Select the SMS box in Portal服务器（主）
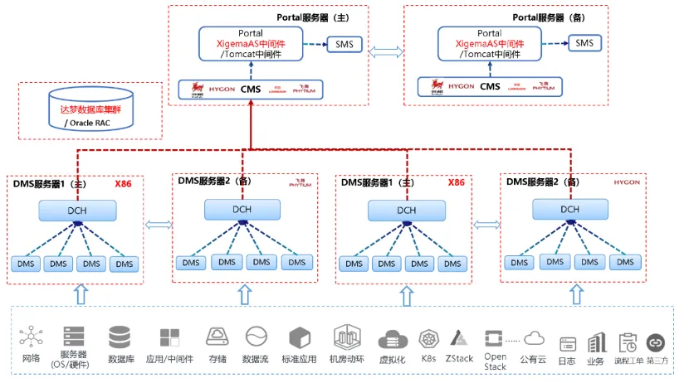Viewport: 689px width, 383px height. (343, 43)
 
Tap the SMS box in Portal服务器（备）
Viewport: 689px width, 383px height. (584, 43)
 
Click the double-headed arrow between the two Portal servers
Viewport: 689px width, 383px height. (385, 51)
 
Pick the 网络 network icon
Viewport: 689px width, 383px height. (32, 337)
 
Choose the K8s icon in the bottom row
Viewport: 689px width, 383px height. (428, 338)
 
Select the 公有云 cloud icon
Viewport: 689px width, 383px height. (534, 337)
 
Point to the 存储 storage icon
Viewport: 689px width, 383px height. (217, 337)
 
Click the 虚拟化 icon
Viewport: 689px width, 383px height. (392, 339)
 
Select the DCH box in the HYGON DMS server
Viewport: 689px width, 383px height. (569, 209)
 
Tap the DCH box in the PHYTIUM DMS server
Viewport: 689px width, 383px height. (242, 210)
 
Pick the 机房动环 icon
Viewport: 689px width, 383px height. (347, 337)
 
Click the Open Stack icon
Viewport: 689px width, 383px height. (496, 338)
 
